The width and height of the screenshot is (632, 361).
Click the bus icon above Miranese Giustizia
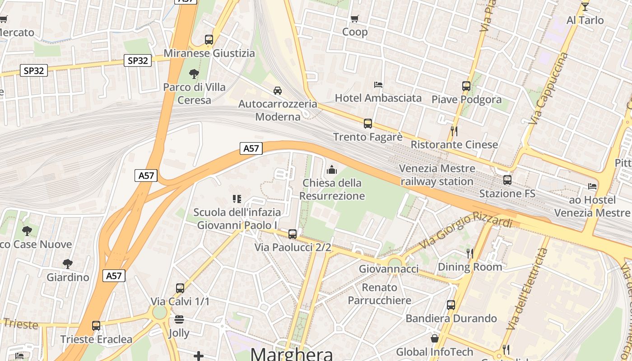click(x=209, y=40)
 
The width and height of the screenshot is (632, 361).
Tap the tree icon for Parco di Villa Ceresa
click(x=194, y=74)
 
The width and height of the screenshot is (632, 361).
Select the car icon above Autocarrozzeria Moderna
click(x=278, y=90)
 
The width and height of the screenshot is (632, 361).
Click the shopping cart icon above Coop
click(x=355, y=19)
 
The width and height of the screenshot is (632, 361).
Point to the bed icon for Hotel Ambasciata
click(x=378, y=84)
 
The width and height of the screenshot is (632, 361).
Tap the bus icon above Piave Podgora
click(x=466, y=86)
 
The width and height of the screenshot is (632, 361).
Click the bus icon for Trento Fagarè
click(x=368, y=123)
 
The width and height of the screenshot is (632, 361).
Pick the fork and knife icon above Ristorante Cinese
click(x=454, y=131)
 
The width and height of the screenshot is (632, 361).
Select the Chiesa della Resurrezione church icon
click(x=332, y=170)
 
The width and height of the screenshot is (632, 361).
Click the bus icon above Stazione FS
click(x=507, y=180)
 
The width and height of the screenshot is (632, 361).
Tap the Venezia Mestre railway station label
click(x=437, y=175)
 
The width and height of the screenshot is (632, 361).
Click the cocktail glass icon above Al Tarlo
click(x=585, y=6)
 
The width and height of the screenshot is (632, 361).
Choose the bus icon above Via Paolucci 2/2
click(x=293, y=234)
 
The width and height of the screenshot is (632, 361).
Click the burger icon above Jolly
click(x=179, y=320)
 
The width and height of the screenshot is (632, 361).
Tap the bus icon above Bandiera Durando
click(x=451, y=305)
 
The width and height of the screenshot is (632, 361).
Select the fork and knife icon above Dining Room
click(x=470, y=253)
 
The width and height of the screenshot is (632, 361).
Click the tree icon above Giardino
click(x=68, y=264)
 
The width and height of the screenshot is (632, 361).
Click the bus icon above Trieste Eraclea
click(x=96, y=325)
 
